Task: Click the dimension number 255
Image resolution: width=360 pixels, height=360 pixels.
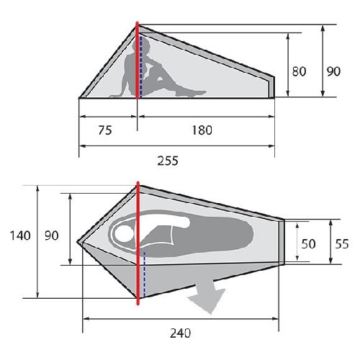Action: point(168,161)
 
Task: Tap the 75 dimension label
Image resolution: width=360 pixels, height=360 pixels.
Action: point(105,130)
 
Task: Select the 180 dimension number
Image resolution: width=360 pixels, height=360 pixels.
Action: point(202,130)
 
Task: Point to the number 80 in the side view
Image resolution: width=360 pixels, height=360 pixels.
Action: point(299,71)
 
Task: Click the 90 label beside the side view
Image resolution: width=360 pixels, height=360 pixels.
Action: point(333,71)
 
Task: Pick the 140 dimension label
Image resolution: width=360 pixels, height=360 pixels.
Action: point(20,235)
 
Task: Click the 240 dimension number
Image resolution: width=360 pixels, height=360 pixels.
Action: point(180,333)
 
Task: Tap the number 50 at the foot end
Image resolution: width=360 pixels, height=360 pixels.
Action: point(308,244)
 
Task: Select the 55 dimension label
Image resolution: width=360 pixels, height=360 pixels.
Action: point(342,244)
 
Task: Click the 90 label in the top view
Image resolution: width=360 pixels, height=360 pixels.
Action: point(52,235)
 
